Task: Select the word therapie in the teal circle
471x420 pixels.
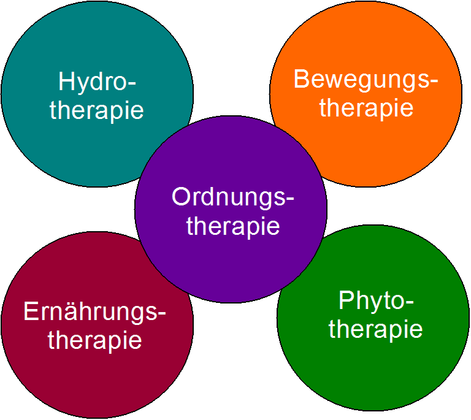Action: tap(97, 110)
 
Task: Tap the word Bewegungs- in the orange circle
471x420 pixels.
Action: tap(366, 80)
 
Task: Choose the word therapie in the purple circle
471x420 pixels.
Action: tap(233, 226)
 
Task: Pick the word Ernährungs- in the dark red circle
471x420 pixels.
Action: tap(95, 312)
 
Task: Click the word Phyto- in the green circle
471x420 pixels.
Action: tap(376, 302)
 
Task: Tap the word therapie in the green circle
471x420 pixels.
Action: tap(376, 329)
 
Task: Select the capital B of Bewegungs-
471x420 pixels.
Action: tap(301, 79)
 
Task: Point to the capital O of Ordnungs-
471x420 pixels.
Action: tap(182, 197)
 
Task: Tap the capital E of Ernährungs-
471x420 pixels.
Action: tap(30, 311)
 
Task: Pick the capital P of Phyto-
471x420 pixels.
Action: tap(345, 300)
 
